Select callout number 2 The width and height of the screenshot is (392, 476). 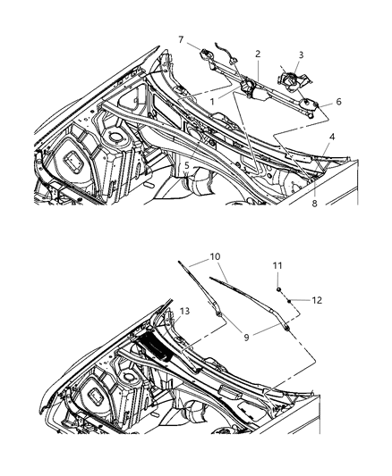click(258, 54)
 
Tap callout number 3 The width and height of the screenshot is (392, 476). click(301, 55)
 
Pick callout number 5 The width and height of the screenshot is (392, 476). click(186, 164)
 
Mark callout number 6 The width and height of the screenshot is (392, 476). click(337, 103)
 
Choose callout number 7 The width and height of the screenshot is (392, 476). click(181, 39)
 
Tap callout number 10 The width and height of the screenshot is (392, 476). click(216, 257)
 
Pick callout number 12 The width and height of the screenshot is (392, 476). click(316, 300)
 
